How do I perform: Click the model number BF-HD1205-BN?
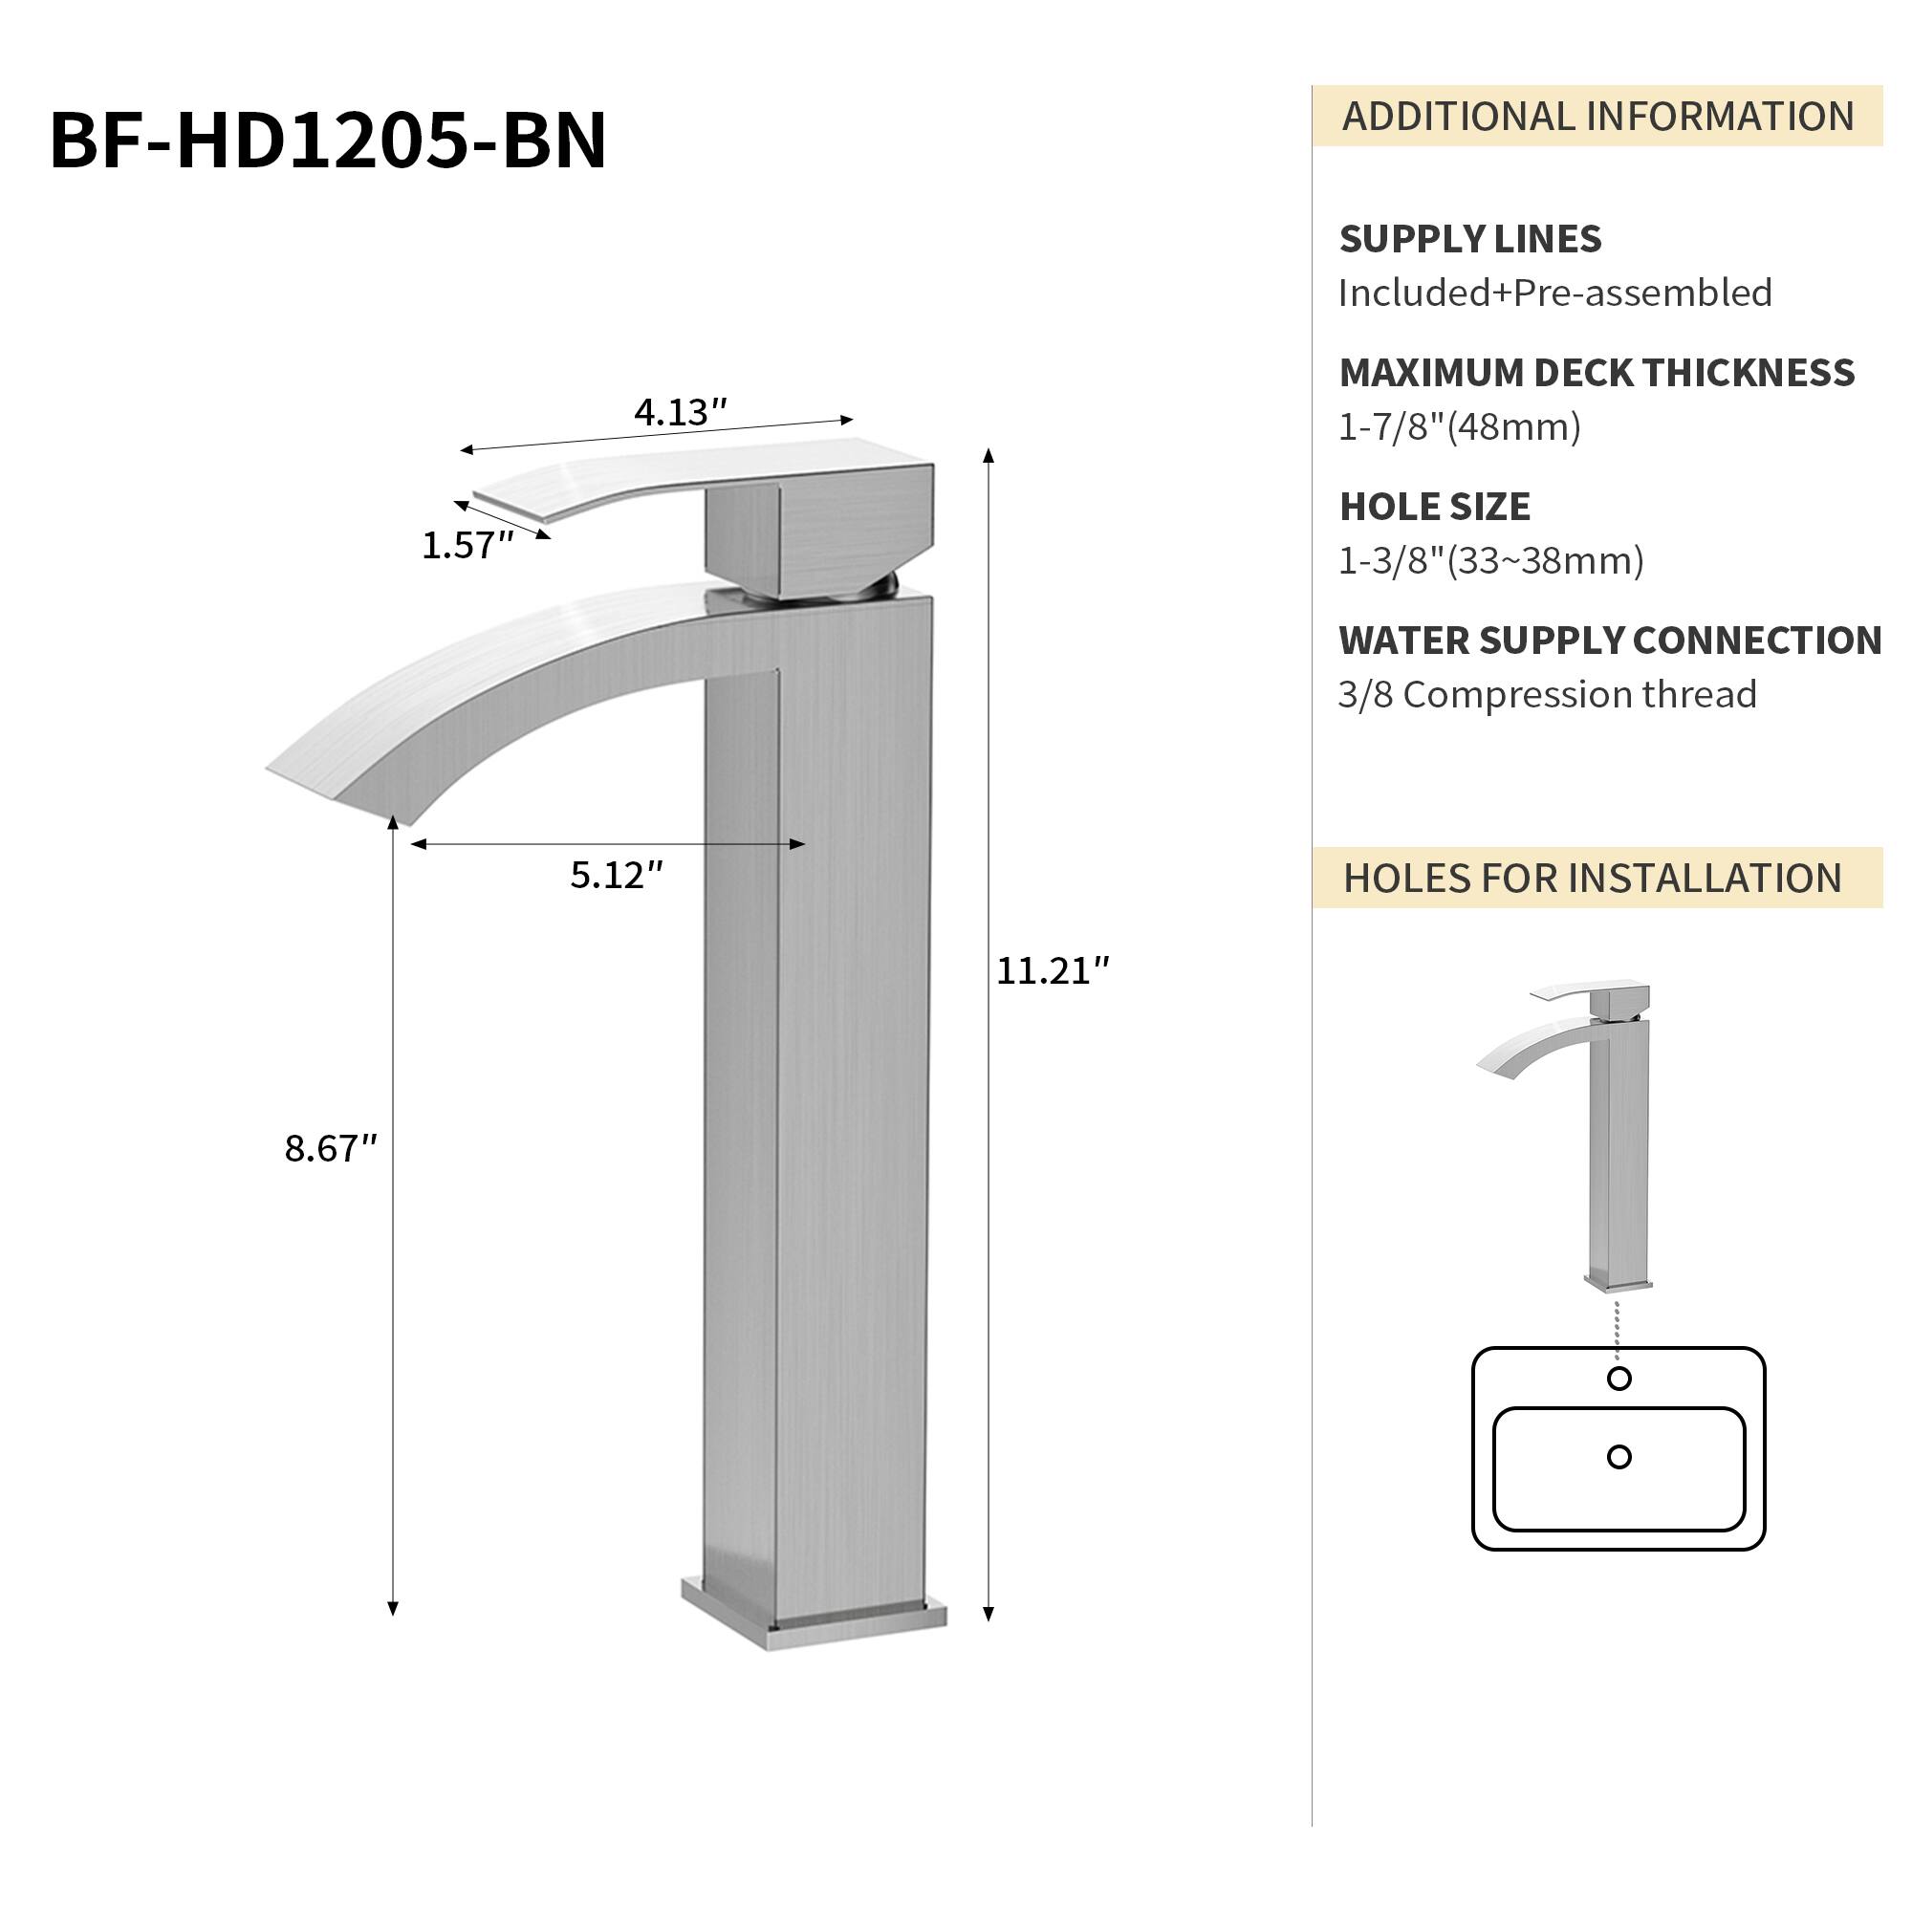point(328,141)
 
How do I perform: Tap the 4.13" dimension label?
point(680,413)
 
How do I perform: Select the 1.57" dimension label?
point(467,545)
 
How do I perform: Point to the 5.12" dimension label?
point(616,875)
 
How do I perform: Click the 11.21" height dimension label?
point(1052,971)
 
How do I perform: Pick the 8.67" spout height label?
point(331,1148)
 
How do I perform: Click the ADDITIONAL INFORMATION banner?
point(1597,117)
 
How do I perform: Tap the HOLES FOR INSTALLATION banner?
point(1592,878)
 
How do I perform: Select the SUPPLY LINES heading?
point(1469,240)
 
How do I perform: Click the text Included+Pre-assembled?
point(1554,293)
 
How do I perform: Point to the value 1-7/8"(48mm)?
point(1459,427)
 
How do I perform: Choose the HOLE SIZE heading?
point(1434,507)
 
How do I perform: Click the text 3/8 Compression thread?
point(1547,695)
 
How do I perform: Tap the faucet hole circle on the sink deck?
point(1619,1379)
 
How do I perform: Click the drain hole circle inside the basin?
point(1619,1457)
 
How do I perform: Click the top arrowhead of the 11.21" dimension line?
point(988,454)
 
